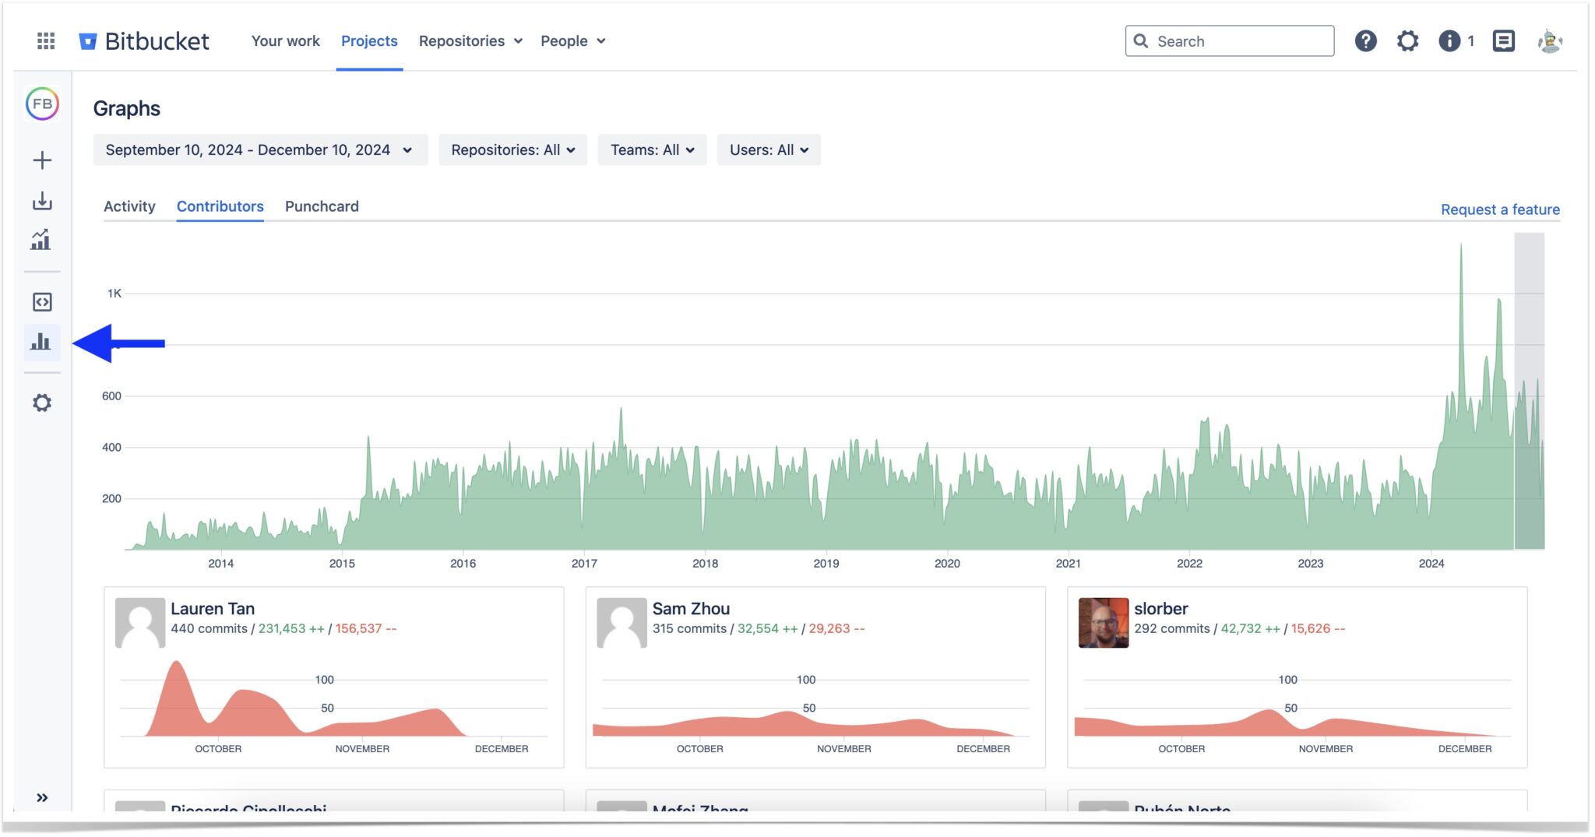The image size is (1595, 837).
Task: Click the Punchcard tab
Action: point(322,206)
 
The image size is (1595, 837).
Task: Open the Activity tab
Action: point(129,206)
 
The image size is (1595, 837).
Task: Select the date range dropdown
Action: point(259,149)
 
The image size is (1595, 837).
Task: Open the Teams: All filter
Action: point(652,149)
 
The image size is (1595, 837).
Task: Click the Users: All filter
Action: point(768,149)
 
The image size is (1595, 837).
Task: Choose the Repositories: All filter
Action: point(512,149)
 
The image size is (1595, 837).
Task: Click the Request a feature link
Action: point(1499,209)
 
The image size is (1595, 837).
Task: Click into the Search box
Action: point(1238,41)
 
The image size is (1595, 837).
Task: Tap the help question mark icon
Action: point(1365,41)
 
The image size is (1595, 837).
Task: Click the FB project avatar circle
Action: point(42,104)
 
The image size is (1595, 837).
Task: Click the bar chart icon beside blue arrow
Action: point(41,342)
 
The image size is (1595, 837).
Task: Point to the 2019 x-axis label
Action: point(826,563)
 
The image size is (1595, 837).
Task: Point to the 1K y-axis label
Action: point(114,294)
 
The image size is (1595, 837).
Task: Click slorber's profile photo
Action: point(1103,622)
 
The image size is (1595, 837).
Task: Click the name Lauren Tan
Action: point(213,609)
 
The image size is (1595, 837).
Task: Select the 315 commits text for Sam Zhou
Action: point(689,628)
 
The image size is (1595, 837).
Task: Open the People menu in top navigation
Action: point(572,41)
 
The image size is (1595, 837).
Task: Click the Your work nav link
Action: point(285,41)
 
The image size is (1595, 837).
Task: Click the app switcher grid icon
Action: point(46,41)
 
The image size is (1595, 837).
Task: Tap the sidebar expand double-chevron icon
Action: point(42,797)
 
